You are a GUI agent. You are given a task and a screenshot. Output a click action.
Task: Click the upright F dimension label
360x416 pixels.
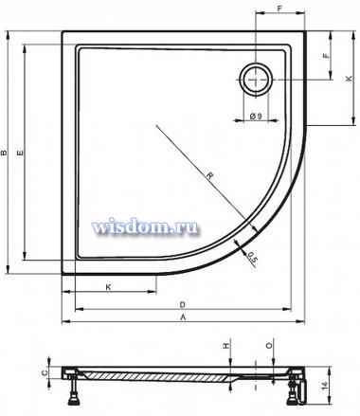click(x=279, y=9)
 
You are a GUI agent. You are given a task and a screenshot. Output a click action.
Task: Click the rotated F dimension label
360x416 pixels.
click(x=326, y=56)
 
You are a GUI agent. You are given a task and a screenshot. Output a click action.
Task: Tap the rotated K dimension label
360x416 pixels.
click(x=349, y=79)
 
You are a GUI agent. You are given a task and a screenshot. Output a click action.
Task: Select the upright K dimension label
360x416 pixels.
click(x=108, y=287)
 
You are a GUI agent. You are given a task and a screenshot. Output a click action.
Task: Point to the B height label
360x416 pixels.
click(x=4, y=153)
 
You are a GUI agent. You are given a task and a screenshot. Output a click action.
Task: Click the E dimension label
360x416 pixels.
click(x=20, y=154)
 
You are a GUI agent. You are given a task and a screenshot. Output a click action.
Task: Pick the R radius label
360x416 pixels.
click(x=209, y=175)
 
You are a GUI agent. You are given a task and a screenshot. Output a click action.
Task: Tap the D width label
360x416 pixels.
click(x=182, y=305)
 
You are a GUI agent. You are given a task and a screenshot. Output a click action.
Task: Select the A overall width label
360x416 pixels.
click(x=183, y=317)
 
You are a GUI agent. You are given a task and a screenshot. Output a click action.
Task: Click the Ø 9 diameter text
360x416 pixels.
click(x=256, y=116)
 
